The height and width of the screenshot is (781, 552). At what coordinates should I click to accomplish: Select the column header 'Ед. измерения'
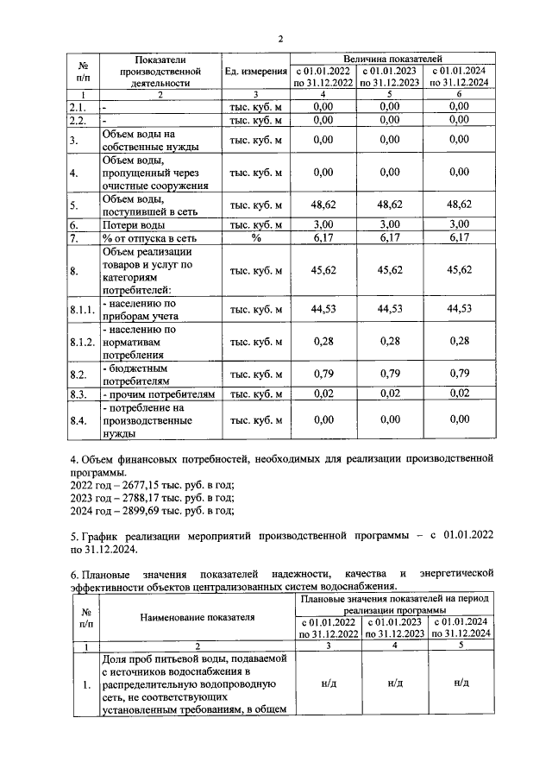point(254,72)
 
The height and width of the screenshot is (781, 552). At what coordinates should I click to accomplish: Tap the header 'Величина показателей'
point(392,56)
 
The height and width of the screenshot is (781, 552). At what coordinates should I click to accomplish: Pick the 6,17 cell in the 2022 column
point(323,238)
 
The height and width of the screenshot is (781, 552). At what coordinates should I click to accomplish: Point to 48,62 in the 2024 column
point(459,205)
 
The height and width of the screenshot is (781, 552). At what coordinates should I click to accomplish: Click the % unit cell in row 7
point(255,238)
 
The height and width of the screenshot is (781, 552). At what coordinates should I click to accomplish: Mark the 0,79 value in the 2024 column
point(459,375)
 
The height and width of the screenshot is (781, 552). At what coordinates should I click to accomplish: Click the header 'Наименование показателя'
point(197,618)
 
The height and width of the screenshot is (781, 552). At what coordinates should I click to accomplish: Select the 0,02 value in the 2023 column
point(391,394)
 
